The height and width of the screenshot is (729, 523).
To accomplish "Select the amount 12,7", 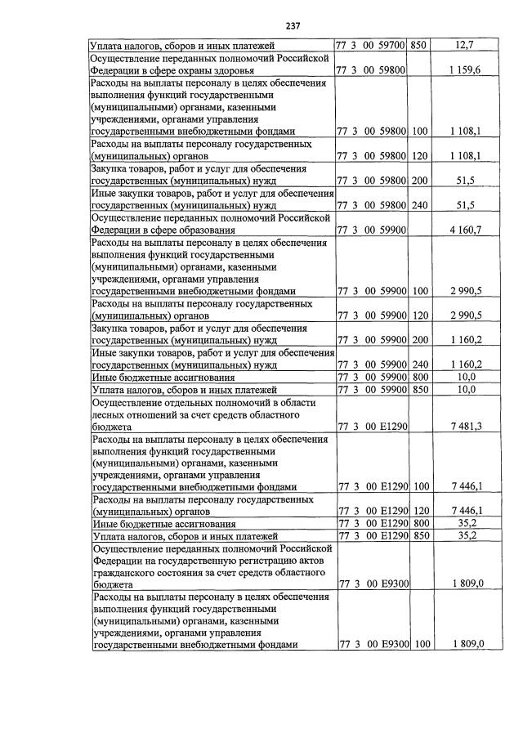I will [463, 45].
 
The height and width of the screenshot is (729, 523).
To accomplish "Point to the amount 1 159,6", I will [464, 71].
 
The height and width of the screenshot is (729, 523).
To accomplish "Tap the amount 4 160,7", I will [464, 230].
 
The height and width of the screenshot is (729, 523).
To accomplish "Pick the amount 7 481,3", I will [464, 427].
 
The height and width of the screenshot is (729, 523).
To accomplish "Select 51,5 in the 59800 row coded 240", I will [464, 205].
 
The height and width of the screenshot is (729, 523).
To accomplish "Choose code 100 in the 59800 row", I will [420, 131].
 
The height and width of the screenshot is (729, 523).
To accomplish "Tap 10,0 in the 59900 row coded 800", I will [464, 378].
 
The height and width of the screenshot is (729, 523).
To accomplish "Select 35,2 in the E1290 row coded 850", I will [464, 535].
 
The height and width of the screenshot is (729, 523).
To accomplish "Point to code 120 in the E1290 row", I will [420, 511].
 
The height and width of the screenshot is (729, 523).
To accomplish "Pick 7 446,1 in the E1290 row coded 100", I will [464, 486].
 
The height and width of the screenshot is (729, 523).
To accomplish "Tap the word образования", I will [233, 230].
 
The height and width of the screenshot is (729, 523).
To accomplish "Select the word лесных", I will [110, 414].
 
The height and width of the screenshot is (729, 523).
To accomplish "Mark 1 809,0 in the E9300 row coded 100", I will [464, 645].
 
